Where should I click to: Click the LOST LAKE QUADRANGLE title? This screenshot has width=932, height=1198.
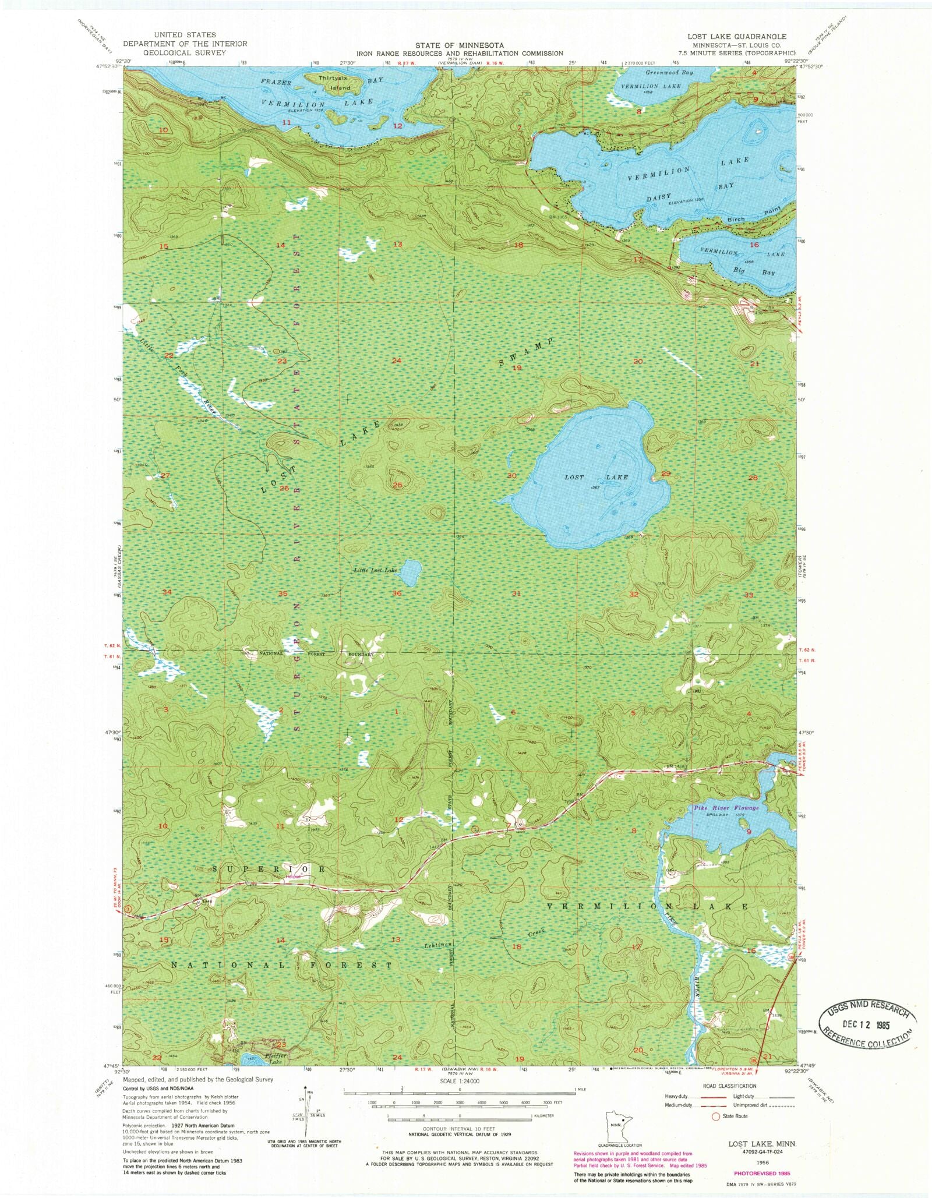pos(736,36)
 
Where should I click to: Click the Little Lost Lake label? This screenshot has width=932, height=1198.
pos(375,570)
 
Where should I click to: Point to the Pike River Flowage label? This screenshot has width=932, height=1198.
pos(726,808)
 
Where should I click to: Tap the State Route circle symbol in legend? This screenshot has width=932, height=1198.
pos(716,1116)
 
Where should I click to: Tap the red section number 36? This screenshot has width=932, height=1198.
pos(397,593)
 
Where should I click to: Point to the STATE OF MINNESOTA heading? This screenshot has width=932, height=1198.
pos(460,45)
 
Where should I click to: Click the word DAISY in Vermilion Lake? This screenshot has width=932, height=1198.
pos(659,197)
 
